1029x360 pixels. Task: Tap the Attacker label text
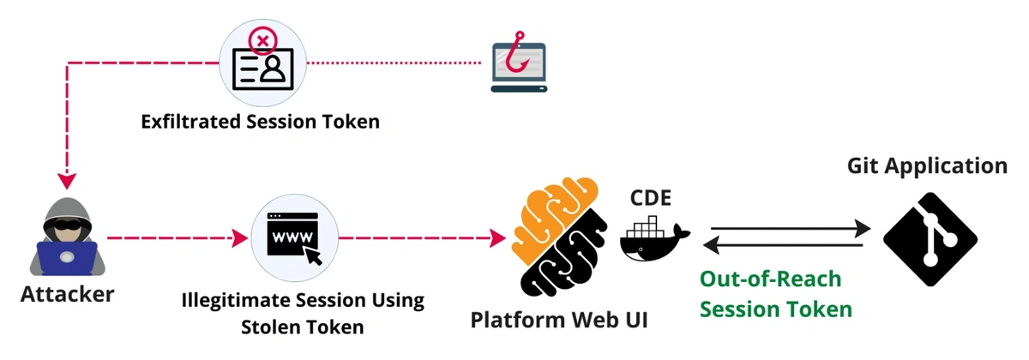[67, 295]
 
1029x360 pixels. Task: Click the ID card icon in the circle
[262, 69]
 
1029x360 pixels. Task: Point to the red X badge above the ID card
[262, 38]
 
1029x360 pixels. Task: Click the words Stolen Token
[303, 327]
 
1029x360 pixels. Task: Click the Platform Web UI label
[558, 320]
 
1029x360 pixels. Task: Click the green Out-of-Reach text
[770, 279]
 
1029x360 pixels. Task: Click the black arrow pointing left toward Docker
[780, 247]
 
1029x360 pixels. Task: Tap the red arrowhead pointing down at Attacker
[67, 182]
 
